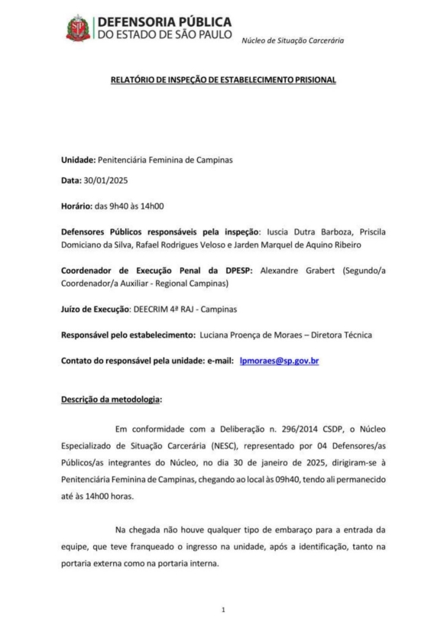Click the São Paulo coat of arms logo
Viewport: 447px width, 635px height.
(79, 28)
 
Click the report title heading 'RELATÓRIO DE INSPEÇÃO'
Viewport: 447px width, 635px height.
(223, 79)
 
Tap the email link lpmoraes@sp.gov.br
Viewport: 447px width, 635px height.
(279, 360)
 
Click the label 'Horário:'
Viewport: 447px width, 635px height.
(79, 206)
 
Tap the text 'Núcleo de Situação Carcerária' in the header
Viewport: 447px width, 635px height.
(293, 40)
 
